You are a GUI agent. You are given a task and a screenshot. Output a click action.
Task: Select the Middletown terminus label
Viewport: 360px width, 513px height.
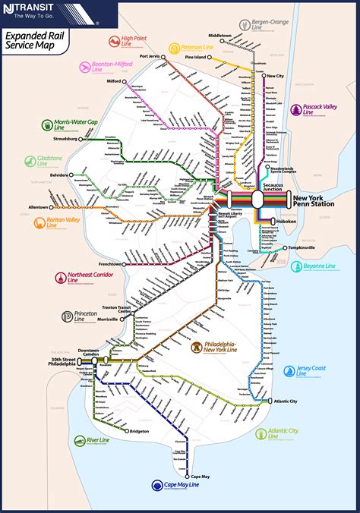[220, 36]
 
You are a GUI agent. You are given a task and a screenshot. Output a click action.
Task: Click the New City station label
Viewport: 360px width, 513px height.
[275, 76]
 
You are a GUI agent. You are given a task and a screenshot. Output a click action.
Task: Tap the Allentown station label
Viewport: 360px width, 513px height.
[39, 206]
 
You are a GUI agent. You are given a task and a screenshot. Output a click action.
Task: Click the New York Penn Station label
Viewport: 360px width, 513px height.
[312, 201]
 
